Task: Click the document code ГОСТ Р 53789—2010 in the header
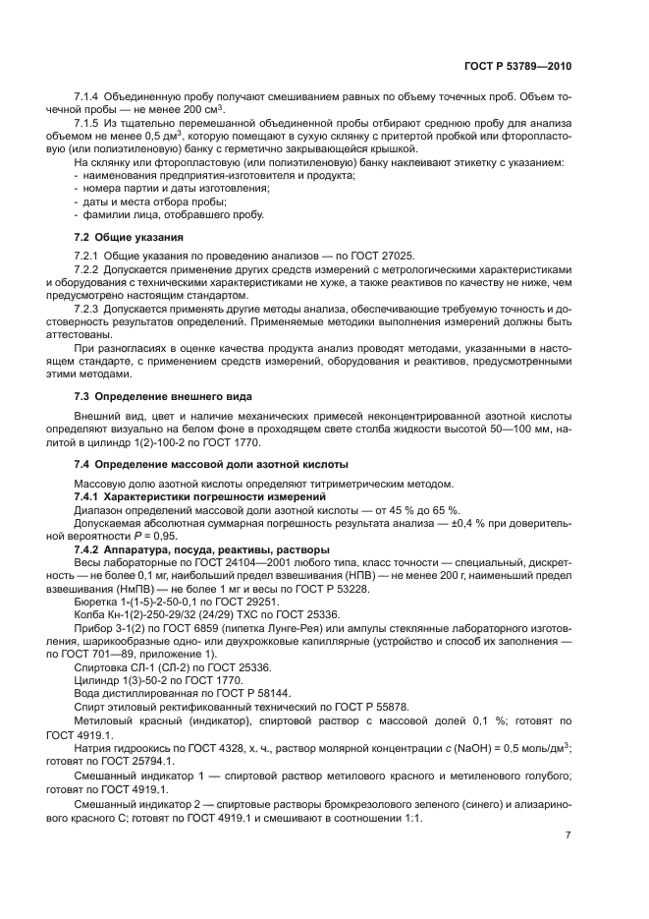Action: (516, 66)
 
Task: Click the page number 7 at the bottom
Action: (568, 834)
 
